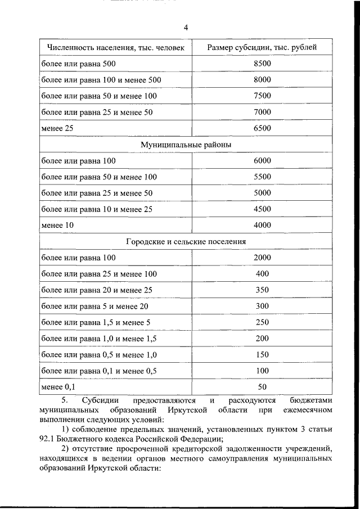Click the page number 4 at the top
(186, 28)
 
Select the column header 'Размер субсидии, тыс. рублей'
(262, 47)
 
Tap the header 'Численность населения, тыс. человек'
(116, 47)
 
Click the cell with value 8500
(262, 64)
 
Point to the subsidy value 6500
(262, 128)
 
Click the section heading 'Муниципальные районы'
(186, 145)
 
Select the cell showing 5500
(262, 177)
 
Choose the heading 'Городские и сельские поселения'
(186, 241)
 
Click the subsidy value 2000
(262, 258)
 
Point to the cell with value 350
(262, 290)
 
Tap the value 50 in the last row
(262, 387)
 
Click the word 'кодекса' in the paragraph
(123, 439)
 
